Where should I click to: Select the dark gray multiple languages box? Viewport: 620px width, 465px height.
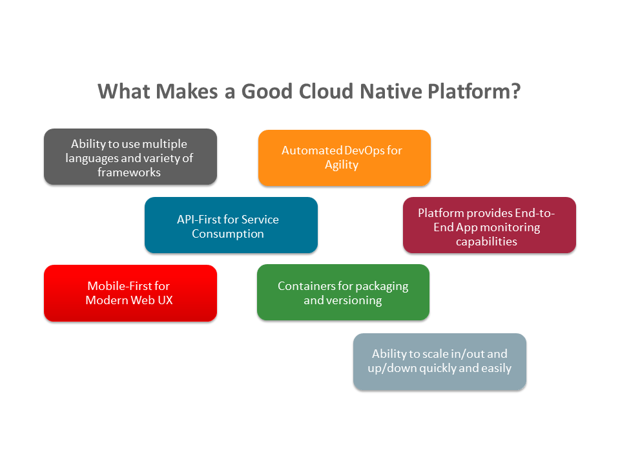[x=130, y=157]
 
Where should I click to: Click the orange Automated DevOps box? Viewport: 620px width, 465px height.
[x=344, y=158]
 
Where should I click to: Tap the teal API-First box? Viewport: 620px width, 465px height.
[x=231, y=225]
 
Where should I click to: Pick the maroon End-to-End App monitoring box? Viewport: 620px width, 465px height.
[x=489, y=225]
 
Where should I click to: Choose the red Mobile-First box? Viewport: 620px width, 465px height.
[x=130, y=293]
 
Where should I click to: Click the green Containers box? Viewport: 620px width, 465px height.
[x=343, y=292]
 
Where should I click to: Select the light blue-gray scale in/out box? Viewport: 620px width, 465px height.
[x=439, y=361]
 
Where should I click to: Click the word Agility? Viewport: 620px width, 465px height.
[x=342, y=165]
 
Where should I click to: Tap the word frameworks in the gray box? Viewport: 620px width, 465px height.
[x=129, y=172]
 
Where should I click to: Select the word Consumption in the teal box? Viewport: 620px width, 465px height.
[x=228, y=234]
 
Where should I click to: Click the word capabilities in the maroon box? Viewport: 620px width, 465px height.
[x=486, y=242]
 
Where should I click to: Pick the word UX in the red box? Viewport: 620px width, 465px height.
[x=165, y=300]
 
